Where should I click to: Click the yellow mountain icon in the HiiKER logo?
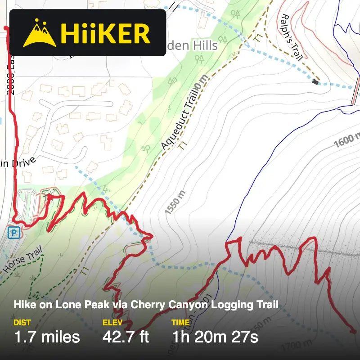(x=40, y=33)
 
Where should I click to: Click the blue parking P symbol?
(x=15, y=232)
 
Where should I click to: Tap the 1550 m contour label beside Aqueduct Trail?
(x=174, y=203)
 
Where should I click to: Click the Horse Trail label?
(x=22, y=260)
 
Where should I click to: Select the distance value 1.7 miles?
(x=47, y=336)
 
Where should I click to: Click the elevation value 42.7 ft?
(x=126, y=336)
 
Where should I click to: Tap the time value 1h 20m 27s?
(x=215, y=336)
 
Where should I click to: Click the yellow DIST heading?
(x=22, y=322)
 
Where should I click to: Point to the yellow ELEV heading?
(x=112, y=322)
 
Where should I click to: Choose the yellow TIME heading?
(x=181, y=322)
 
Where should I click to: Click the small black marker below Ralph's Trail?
(x=315, y=82)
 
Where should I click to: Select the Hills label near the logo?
(x=205, y=45)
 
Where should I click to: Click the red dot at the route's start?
(x=6, y=28)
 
